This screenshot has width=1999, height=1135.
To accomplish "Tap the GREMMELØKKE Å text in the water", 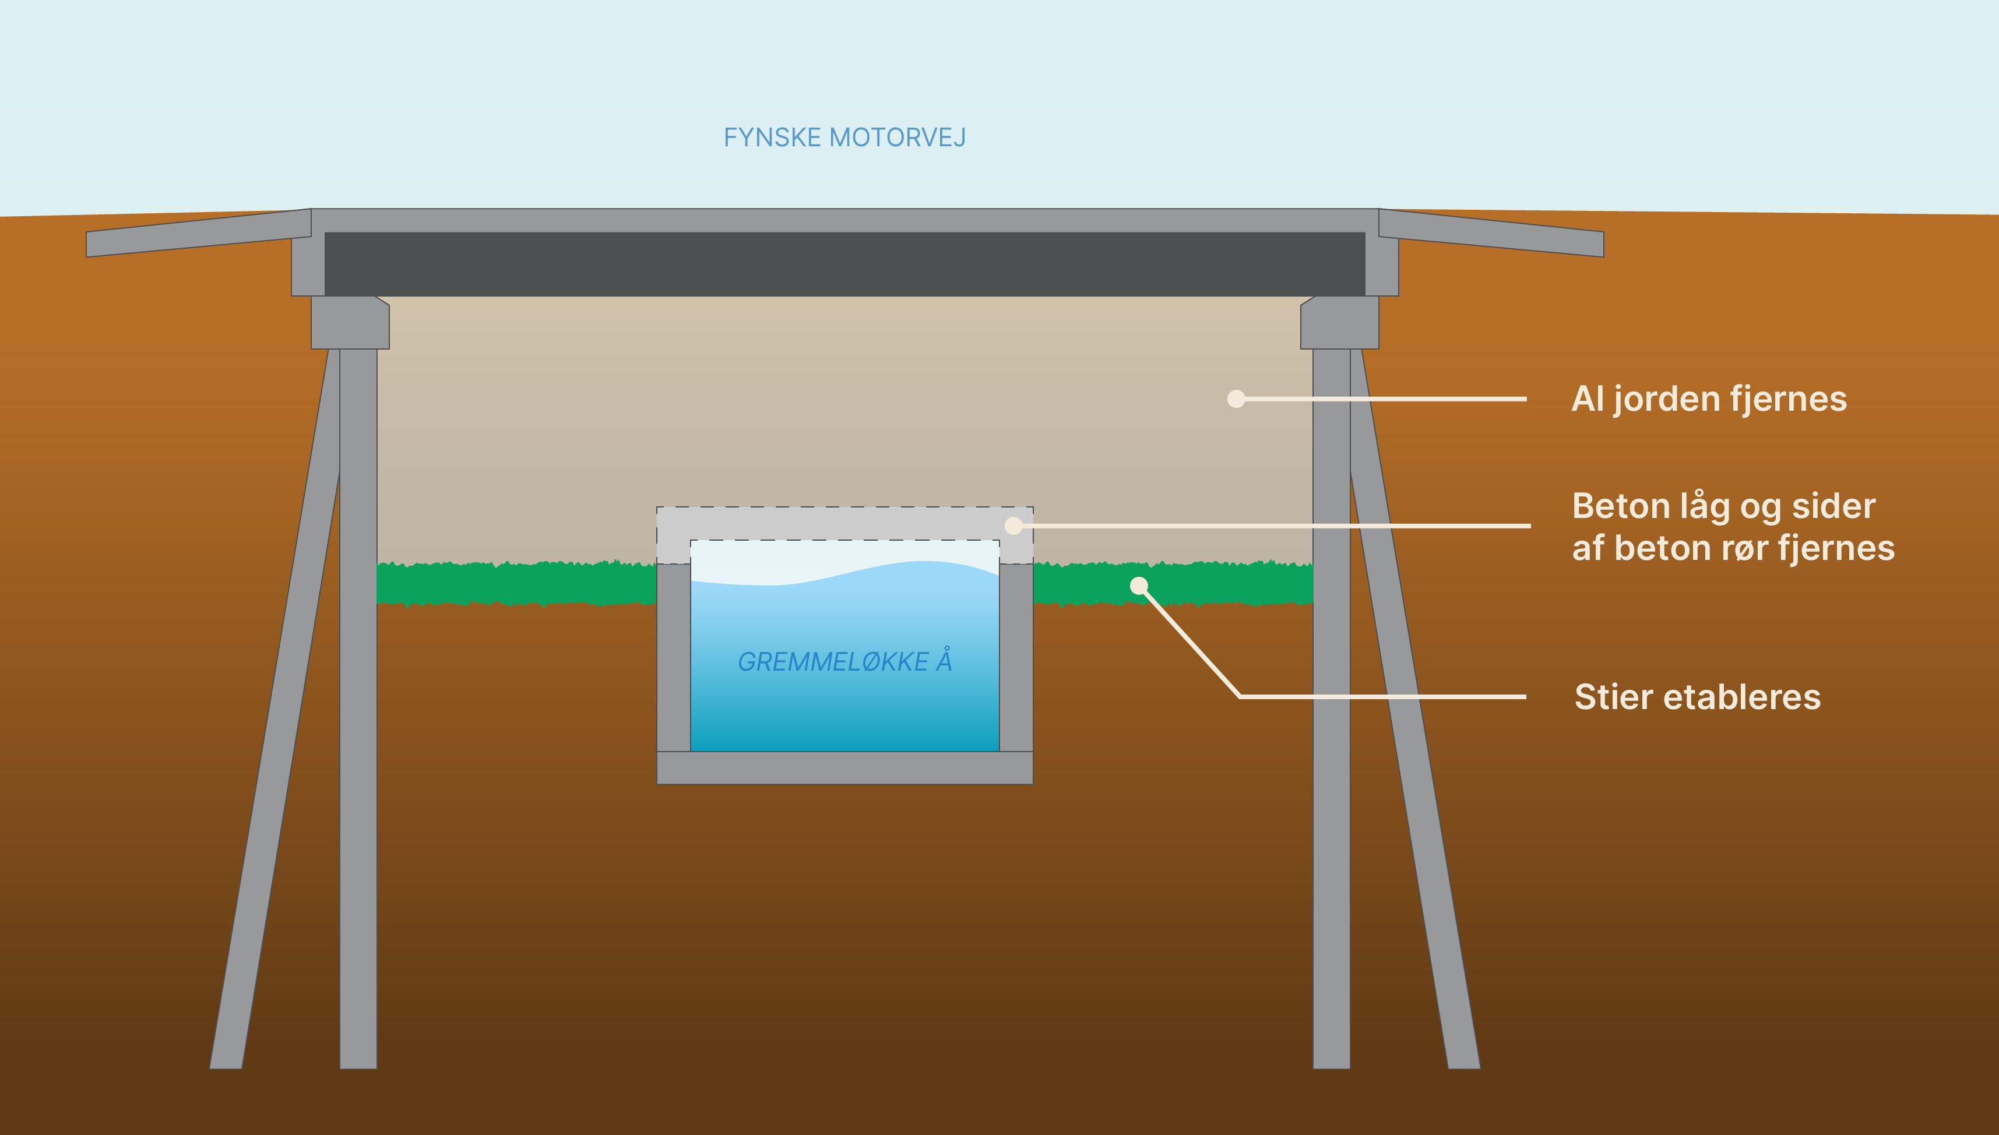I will coord(844,662).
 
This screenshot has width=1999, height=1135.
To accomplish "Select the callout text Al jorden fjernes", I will coord(1708,399).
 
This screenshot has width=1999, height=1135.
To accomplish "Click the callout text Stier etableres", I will coord(1697,697).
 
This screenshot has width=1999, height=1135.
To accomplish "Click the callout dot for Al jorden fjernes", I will coord(1236,399).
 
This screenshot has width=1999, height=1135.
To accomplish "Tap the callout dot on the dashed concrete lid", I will coord(1013,526).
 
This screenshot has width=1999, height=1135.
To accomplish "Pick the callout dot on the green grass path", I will coord(1139,586).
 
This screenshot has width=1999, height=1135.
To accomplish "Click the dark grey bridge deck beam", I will coord(844,263).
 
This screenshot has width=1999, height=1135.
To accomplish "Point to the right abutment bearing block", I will coord(1339,323).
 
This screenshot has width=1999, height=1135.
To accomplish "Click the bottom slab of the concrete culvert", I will coord(844,768).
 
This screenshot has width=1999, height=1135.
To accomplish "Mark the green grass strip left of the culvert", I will coord(515,584).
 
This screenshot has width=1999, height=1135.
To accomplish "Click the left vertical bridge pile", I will coord(358,702).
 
